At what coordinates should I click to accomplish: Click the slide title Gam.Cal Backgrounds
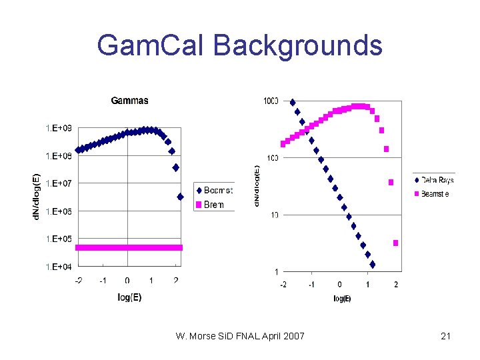pyautogui.click(x=239, y=45)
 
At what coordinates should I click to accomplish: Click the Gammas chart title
pyautogui.click(x=129, y=101)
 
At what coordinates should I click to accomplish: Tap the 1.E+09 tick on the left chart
pyautogui.click(x=59, y=127)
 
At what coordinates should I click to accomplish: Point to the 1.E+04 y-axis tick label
pyautogui.click(x=59, y=267)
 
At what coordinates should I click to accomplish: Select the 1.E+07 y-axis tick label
pyautogui.click(x=59, y=183)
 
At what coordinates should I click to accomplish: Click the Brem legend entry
pyautogui.click(x=213, y=205)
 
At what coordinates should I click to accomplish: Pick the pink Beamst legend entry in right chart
pyautogui.click(x=434, y=193)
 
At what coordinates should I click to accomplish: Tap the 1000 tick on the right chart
pyautogui.click(x=271, y=101)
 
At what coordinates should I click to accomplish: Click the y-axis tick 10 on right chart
pyautogui.click(x=273, y=215)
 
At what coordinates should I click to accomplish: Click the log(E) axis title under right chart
pyautogui.click(x=342, y=299)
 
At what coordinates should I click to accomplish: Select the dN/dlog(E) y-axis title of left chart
pyautogui.click(x=37, y=196)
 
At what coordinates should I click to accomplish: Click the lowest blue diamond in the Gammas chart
pyautogui.click(x=180, y=197)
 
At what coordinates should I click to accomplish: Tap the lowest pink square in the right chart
pyautogui.click(x=395, y=243)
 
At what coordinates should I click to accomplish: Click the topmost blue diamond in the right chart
pyautogui.click(x=293, y=102)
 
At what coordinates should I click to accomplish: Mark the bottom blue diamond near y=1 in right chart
pyautogui.click(x=372, y=265)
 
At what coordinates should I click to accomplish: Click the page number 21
pyautogui.click(x=445, y=336)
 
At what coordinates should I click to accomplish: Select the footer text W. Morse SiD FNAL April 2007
pyautogui.click(x=240, y=336)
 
